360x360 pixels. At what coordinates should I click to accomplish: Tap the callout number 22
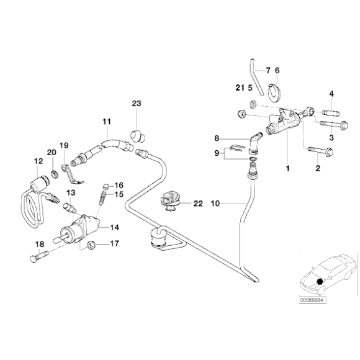coord(197,203)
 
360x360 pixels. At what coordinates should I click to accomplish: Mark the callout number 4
coord(331,94)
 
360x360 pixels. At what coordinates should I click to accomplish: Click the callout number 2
coord(318,168)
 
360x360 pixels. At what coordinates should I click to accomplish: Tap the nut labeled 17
coord(91,244)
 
